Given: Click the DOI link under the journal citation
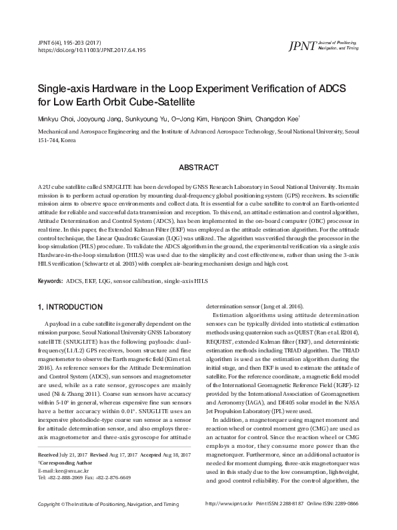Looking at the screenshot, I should coord(92,50).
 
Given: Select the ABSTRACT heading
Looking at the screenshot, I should coord(198,167).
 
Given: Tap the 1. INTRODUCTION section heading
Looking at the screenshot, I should coord(69,307).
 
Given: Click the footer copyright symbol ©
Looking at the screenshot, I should coord(62,523).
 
